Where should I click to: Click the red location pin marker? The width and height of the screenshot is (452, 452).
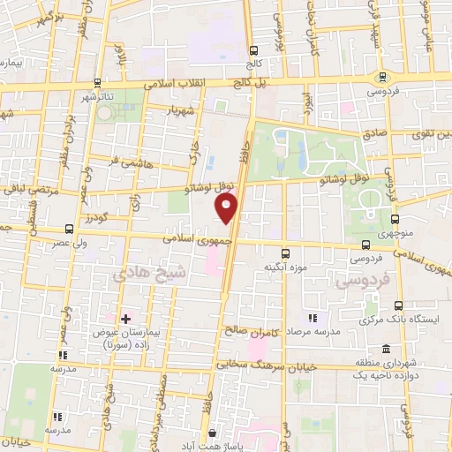pos(227,208)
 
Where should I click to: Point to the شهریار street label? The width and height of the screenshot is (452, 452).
pos(181,111)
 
